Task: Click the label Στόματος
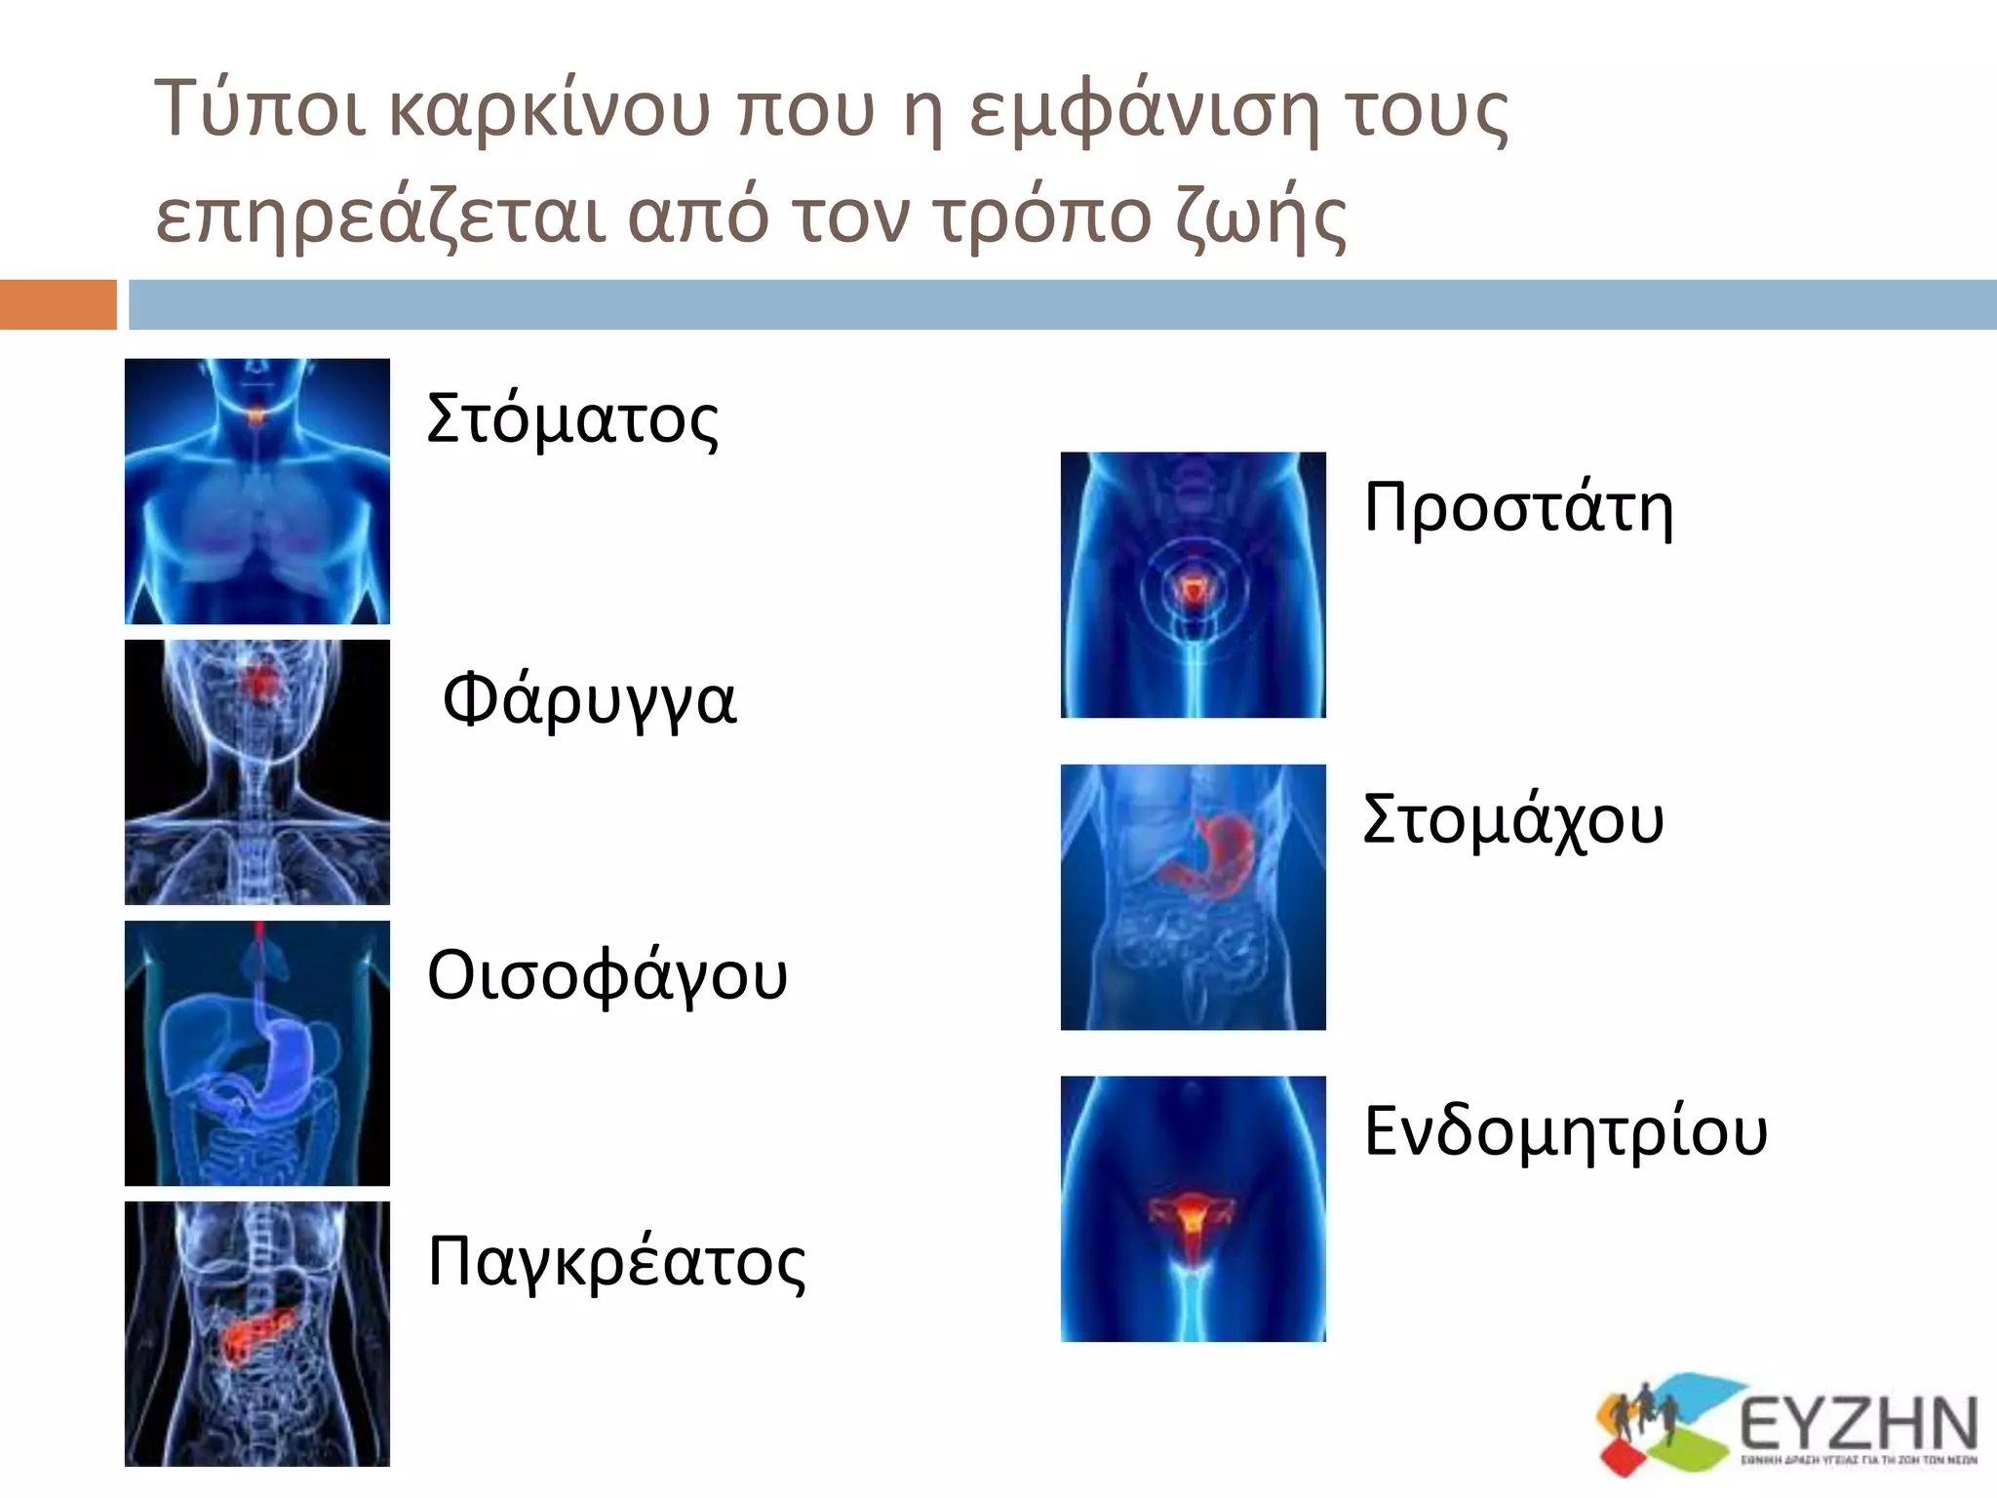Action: (x=572, y=419)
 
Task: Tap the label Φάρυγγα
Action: (x=589, y=701)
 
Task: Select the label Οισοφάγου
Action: (x=607, y=976)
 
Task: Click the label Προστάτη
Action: (x=1518, y=508)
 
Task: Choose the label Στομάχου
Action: (x=1512, y=819)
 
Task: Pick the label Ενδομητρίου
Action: (x=1565, y=1131)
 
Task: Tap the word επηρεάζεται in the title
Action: (x=381, y=217)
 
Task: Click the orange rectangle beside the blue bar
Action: (x=58, y=304)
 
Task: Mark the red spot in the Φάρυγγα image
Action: (x=259, y=682)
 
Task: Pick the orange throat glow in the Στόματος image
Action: (x=256, y=416)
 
